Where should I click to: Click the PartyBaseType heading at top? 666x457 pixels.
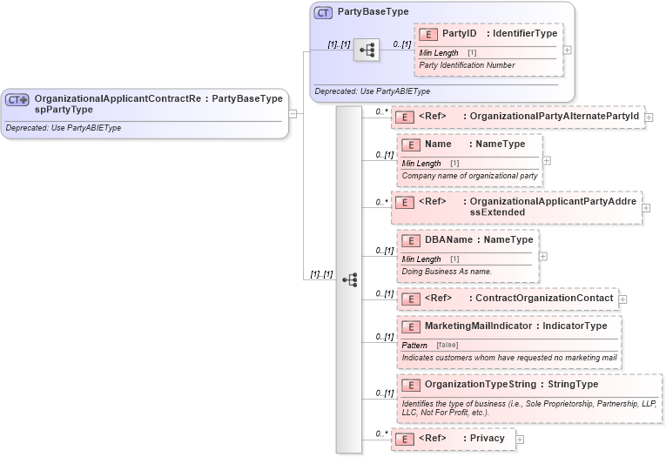tap(373, 12)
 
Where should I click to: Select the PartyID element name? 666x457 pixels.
tap(460, 33)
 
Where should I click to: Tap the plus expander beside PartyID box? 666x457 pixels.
tap(568, 50)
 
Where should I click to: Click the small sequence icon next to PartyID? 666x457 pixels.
tap(367, 50)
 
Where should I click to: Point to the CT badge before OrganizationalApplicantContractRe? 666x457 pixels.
tap(17, 100)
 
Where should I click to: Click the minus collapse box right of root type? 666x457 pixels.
tap(293, 112)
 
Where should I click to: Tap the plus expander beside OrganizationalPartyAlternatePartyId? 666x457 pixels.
tap(649, 117)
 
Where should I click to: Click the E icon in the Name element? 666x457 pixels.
tap(411, 144)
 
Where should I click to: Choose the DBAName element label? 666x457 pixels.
tap(447, 239)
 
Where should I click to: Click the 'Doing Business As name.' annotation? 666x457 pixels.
tap(447, 271)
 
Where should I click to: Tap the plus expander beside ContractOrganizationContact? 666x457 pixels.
tap(622, 299)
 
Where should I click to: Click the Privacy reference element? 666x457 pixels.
tap(487, 438)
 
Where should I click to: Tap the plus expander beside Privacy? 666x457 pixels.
tap(520, 440)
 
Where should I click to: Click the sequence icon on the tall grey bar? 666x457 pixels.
tap(349, 279)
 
